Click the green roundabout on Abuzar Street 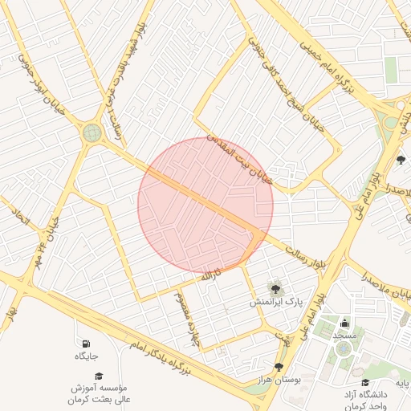(x=92, y=132)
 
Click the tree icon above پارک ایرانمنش (x=275, y=287)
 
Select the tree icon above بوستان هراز (x=279, y=367)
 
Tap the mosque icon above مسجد (x=345, y=323)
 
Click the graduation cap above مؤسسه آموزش (x=99, y=376)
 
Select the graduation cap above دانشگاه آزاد (x=365, y=383)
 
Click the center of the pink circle (x=205, y=205)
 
